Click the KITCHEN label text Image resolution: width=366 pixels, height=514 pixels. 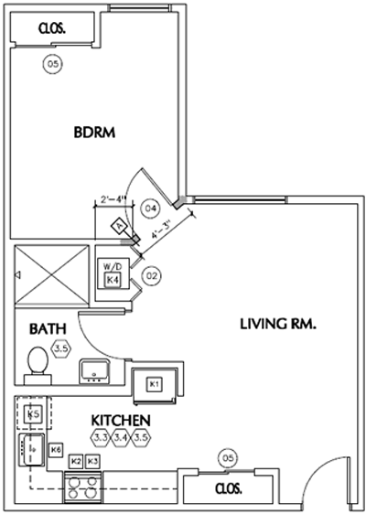click(x=121, y=420)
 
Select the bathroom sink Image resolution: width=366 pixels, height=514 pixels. click(x=94, y=371)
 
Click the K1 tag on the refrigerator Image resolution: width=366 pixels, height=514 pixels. click(x=155, y=383)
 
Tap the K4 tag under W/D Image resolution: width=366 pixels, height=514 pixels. click(x=113, y=279)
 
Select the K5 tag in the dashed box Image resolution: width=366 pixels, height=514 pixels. click(x=34, y=414)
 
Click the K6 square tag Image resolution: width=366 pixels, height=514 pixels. click(x=56, y=450)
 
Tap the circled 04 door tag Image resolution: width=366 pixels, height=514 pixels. click(x=152, y=209)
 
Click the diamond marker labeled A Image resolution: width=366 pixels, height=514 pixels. click(x=119, y=223)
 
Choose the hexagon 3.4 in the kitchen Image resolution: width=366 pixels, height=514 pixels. click(x=121, y=438)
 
